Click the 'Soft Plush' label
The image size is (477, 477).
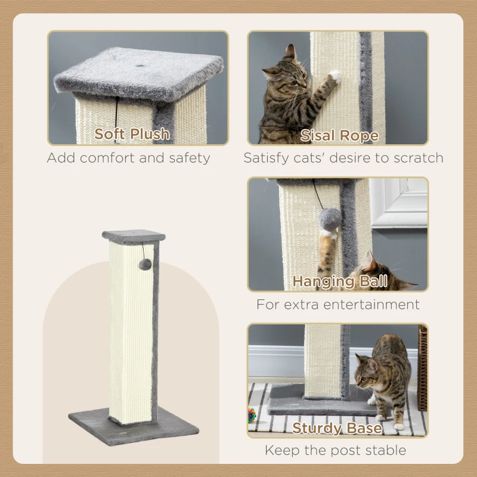(132, 134)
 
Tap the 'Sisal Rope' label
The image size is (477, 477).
(339, 135)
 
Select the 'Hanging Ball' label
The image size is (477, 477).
(340, 281)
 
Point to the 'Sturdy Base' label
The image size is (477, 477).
(337, 428)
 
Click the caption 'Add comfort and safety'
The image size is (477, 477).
(129, 158)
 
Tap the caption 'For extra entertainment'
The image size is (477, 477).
(338, 304)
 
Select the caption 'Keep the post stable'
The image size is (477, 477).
(336, 450)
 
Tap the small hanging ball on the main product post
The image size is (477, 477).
(145, 264)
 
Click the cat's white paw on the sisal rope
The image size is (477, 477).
(335, 76)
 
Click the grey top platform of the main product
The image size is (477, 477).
(134, 236)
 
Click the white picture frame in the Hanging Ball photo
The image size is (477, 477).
(399, 202)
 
